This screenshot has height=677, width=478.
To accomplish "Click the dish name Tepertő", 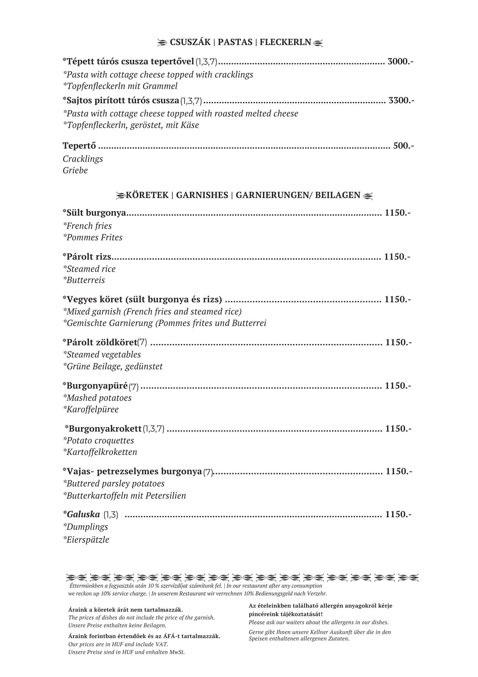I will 79,146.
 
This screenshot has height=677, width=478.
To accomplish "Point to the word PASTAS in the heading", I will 235,42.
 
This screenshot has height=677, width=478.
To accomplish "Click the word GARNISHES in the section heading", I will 202,195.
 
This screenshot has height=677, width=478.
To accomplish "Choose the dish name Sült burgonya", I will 94,213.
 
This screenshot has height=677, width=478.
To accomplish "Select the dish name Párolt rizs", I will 87,257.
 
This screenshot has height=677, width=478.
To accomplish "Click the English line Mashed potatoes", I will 97,398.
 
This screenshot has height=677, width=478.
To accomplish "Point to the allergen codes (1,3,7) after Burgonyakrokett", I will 154,429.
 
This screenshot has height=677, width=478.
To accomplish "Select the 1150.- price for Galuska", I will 398,515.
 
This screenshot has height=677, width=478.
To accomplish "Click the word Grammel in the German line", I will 160,86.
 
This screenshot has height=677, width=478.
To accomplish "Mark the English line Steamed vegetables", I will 102,354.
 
